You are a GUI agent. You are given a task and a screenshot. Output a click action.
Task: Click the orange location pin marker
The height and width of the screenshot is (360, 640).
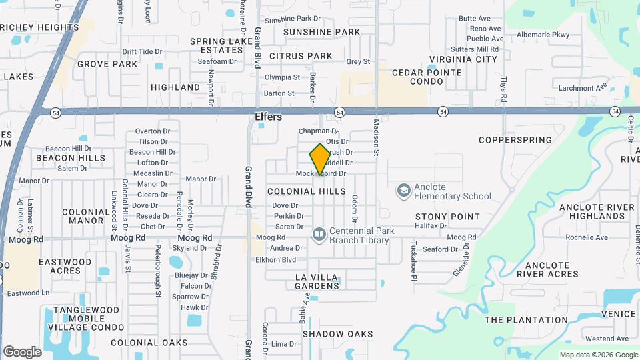point(321,159)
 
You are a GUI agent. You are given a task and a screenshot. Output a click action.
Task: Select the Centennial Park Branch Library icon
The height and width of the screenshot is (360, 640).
point(319,234)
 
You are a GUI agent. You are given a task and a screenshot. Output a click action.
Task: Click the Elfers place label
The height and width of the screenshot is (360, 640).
point(269,117)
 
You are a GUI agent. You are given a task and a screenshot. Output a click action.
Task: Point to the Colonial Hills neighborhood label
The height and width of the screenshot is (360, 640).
point(307,191)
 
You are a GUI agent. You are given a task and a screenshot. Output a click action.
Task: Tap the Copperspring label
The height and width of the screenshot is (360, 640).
point(515,140)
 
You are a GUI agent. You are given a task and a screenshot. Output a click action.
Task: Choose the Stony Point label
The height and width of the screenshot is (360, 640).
point(447,217)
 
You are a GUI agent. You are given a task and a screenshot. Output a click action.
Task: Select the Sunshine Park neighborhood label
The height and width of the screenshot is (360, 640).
point(321,32)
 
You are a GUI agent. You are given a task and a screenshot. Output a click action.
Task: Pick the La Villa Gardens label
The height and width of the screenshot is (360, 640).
point(317,281)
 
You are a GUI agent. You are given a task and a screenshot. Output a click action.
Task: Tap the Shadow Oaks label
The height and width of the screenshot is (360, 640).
point(337,333)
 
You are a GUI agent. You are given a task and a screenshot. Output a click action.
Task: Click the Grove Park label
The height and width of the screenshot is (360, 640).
point(107,64)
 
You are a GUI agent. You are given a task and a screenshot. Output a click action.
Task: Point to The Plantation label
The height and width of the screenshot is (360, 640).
point(526,320)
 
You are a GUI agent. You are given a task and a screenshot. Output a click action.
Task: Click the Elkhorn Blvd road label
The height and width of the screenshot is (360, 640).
point(275,259)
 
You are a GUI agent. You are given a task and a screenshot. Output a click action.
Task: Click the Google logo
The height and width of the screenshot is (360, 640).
point(22,351)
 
